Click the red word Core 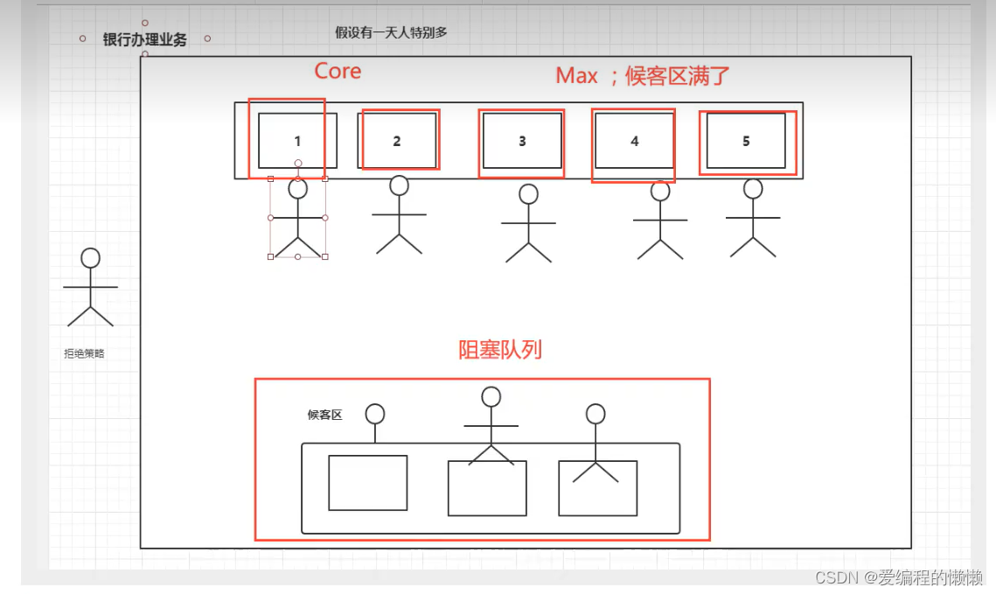click(x=338, y=71)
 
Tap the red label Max click(x=576, y=75)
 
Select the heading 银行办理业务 click(x=145, y=39)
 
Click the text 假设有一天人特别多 click(x=391, y=32)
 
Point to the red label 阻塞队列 click(x=500, y=349)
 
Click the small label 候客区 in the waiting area click(x=324, y=415)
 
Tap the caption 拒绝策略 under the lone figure click(x=84, y=353)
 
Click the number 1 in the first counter click(x=297, y=141)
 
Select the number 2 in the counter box click(x=397, y=141)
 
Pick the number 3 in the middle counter click(x=522, y=141)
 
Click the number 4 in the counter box click(x=635, y=141)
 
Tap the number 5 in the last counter click(x=747, y=141)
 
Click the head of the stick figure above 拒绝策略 click(x=90, y=258)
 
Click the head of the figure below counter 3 click(x=528, y=193)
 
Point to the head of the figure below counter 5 click(x=754, y=189)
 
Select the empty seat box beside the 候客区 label click(x=368, y=483)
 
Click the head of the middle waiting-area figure click(x=491, y=397)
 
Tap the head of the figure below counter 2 click(x=399, y=185)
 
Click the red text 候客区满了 click(x=677, y=76)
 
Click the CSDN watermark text click(x=899, y=577)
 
